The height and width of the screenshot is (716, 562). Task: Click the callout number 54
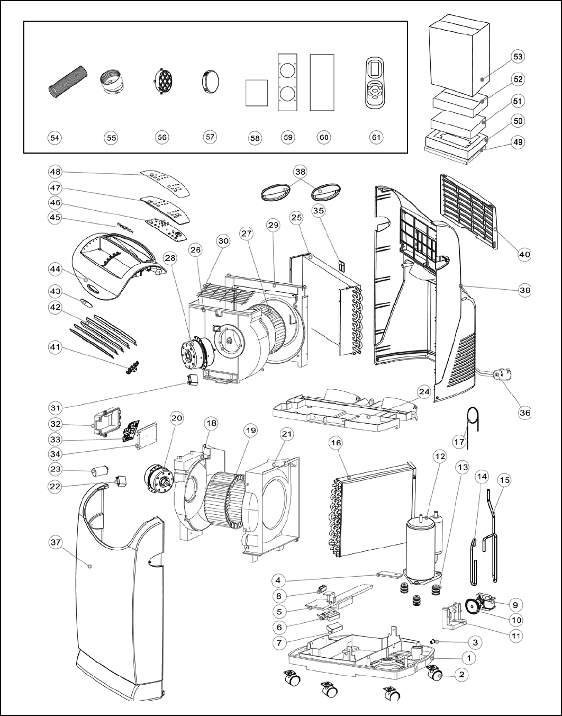point(54,137)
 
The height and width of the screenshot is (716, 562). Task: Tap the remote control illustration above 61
point(376,84)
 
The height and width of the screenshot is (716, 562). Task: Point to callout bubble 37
point(56,542)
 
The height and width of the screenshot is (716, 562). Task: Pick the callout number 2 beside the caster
point(462,674)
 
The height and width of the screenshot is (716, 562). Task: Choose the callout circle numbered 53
point(518,57)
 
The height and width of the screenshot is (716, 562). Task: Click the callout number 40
point(524,255)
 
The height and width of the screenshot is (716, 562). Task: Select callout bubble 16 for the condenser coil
point(336,442)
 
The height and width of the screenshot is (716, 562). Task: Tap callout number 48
point(55,172)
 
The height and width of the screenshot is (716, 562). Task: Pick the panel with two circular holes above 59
point(287,82)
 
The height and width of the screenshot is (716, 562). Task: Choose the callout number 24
point(423,392)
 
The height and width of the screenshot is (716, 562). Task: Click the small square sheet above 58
point(256,93)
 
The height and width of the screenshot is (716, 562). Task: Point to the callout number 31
point(56,407)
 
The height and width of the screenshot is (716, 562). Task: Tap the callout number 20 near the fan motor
point(176,418)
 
